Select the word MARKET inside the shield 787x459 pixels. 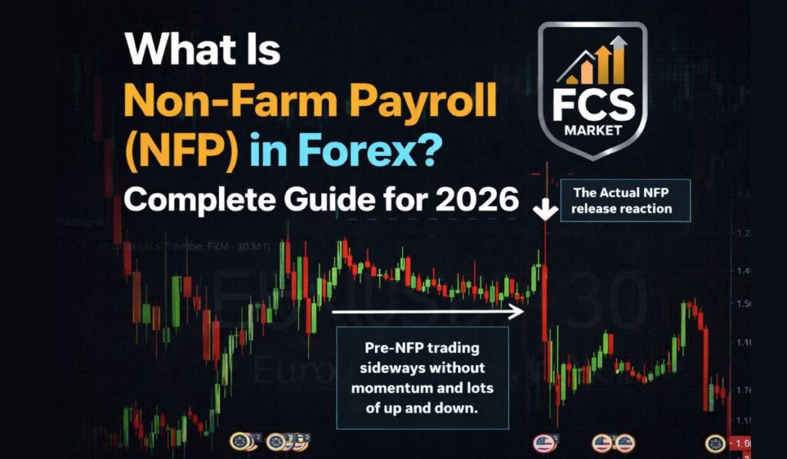click(592, 130)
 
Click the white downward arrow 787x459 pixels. click(546, 208)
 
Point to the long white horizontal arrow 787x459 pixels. click(427, 311)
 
